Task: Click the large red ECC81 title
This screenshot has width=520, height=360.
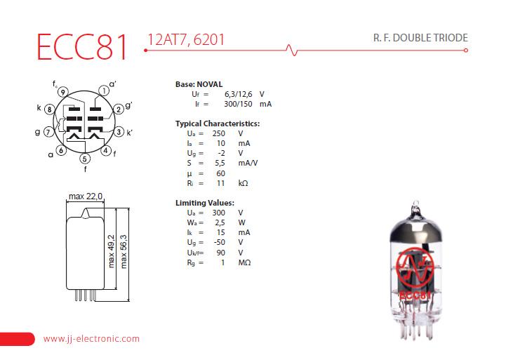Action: point(82,47)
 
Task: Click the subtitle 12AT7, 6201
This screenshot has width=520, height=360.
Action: point(186,40)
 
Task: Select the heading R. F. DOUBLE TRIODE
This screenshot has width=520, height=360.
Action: point(420,38)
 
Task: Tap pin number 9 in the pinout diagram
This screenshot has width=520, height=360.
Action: point(63,92)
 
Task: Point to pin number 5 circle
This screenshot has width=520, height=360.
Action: point(85,159)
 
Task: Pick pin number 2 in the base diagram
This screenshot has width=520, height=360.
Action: point(119,109)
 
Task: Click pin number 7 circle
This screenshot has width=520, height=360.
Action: point(48,132)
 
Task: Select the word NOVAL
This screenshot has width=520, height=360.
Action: point(210,84)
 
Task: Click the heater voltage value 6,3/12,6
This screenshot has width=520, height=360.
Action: point(238,94)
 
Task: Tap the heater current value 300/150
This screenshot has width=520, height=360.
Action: point(238,104)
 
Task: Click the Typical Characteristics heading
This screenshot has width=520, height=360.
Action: point(218,124)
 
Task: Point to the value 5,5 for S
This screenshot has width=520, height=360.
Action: point(220,163)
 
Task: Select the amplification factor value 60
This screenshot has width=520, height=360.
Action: point(220,173)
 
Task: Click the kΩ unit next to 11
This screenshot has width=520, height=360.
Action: point(243,183)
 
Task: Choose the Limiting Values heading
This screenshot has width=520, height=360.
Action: point(205,203)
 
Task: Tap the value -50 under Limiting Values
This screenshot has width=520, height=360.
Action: point(220,242)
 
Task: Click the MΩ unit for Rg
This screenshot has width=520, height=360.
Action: point(244,262)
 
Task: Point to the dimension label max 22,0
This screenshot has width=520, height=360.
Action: point(86,196)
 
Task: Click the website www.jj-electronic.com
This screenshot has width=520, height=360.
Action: point(91,339)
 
